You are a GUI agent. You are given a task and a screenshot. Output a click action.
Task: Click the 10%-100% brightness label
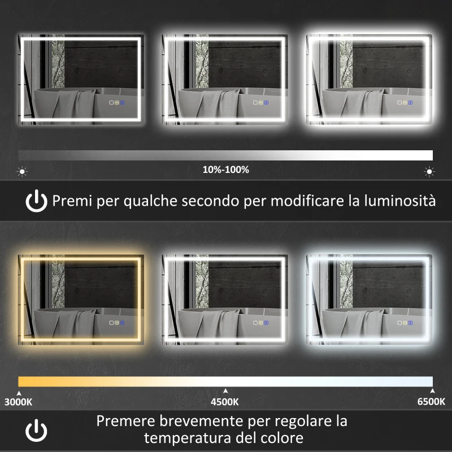[x=225, y=169]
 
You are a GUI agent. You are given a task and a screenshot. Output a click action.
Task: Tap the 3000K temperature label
[x=19, y=402]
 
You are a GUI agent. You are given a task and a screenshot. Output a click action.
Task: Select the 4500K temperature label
[x=225, y=402]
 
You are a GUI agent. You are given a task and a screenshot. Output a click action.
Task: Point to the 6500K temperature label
[x=432, y=402]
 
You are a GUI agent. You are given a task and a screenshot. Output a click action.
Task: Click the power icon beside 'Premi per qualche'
[x=37, y=201]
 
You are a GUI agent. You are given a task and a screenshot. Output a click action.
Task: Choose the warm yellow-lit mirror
[x=81, y=298]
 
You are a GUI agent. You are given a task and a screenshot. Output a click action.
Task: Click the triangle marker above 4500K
[x=225, y=390]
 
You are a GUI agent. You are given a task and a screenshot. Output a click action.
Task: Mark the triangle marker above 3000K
[x=19, y=390]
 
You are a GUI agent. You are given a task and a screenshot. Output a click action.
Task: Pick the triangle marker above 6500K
[x=432, y=390]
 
